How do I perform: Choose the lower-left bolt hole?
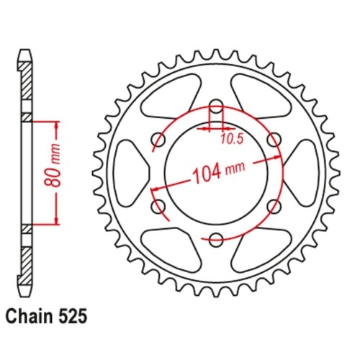pos(156,207)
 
